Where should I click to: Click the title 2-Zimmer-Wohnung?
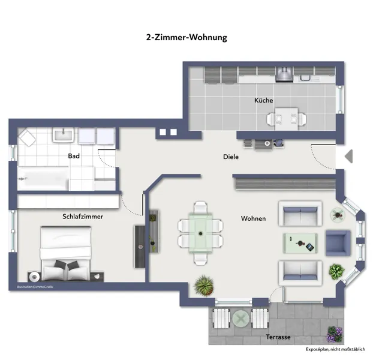click(x=186, y=37)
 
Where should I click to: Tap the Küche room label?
click(x=263, y=101)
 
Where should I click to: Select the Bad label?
click(x=74, y=156)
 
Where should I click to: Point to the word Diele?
click(x=231, y=157)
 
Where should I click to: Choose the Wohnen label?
click(x=253, y=218)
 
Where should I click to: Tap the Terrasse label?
click(x=278, y=337)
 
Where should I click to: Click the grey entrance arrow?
click(x=349, y=157)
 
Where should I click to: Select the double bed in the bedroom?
click(x=66, y=254)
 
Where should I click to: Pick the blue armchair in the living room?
click(x=337, y=242)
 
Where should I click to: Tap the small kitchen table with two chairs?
click(x=282, y=118)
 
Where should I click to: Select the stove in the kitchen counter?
click(x=283, y=75)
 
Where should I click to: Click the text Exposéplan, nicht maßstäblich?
click(x=335, y=349)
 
